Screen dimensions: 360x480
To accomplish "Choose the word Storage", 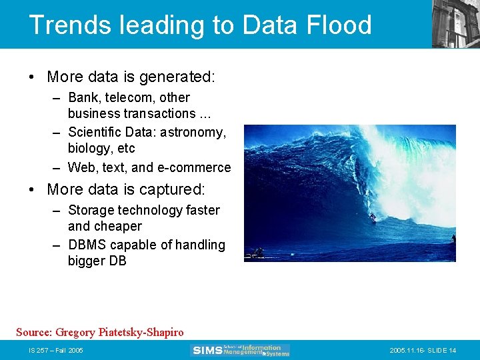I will (x=91, y=210).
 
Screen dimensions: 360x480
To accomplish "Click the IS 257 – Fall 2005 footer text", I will (x=56, y=351).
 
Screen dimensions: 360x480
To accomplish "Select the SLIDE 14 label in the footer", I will (x=443, y=351).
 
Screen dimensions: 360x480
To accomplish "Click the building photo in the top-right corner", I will (x=455, y=23).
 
